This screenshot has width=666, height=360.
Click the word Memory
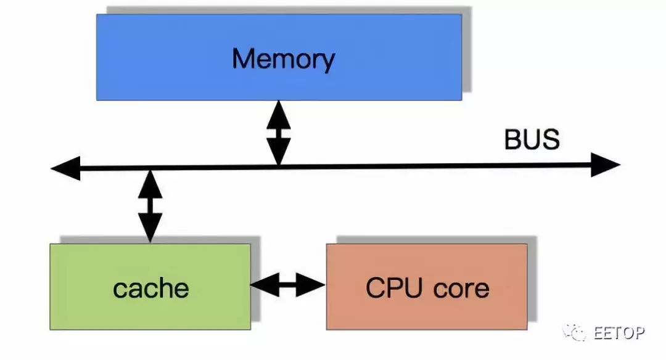pyautogui.click(x=283, y=59)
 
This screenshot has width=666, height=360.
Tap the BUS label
pyautogui.click(x=532, y=140)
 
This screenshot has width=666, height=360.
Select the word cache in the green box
pyautogui.click(x=150, y=288)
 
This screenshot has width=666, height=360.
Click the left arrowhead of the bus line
pyautogui.click(x=65, y=168)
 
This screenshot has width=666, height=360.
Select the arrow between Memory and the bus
pyautogui.click(x=278, y=133)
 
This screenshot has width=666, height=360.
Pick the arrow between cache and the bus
pyautogui.click(x=150, y=206)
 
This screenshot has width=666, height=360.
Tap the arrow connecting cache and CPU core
pyautogui.click(x=288, y=285)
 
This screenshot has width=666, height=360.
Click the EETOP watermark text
pyautogui.click(x=619, y=333)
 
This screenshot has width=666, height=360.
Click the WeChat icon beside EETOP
pyautogui.click(x=575, y=332)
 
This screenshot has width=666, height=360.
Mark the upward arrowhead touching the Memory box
pyautogui.click(x=278, y=112)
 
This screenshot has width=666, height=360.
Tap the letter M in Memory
pyautogui.click(x=245, y=59)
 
